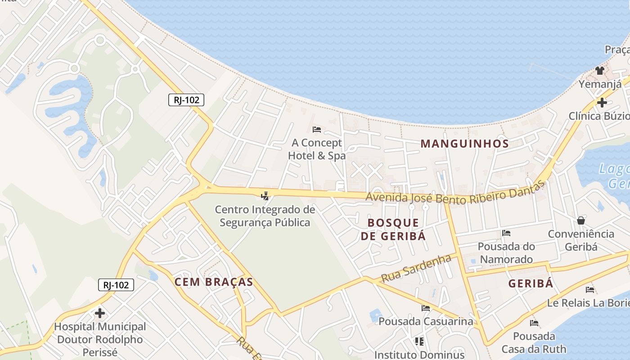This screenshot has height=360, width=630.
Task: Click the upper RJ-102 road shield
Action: tap(186, 100)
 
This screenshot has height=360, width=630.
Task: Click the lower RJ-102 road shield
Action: tap(116, 285)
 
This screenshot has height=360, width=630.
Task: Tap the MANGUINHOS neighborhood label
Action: tap(464, 144)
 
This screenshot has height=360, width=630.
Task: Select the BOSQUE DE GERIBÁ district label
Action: tap(393, 229)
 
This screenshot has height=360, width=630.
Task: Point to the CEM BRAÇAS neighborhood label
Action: tap(214, 282)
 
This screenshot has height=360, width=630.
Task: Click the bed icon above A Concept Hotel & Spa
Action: tap(317, 130)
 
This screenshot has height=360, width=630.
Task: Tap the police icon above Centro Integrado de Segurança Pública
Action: tap(265, 196)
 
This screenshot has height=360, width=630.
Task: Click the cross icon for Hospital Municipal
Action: tap(100, 313)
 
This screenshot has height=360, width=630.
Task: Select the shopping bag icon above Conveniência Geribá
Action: tap(581, 220)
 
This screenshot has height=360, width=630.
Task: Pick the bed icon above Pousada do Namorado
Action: tap(506, 233)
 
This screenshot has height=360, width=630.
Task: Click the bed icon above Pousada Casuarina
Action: tap(426, 308)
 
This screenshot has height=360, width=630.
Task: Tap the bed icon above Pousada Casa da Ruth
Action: tap(534, 323)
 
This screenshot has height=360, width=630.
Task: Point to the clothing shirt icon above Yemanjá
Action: tap(600, 70)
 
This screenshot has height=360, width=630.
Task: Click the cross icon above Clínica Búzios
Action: tap(602, 103)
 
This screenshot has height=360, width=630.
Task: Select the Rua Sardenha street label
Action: tap(416, 269)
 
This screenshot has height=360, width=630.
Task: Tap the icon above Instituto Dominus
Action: tap(419, 342)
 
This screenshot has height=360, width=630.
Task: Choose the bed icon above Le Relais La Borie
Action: tap(590, 290)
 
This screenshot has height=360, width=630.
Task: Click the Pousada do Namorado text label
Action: tap(506, 253)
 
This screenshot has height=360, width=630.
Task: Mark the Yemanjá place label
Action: tap(600, 84)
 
